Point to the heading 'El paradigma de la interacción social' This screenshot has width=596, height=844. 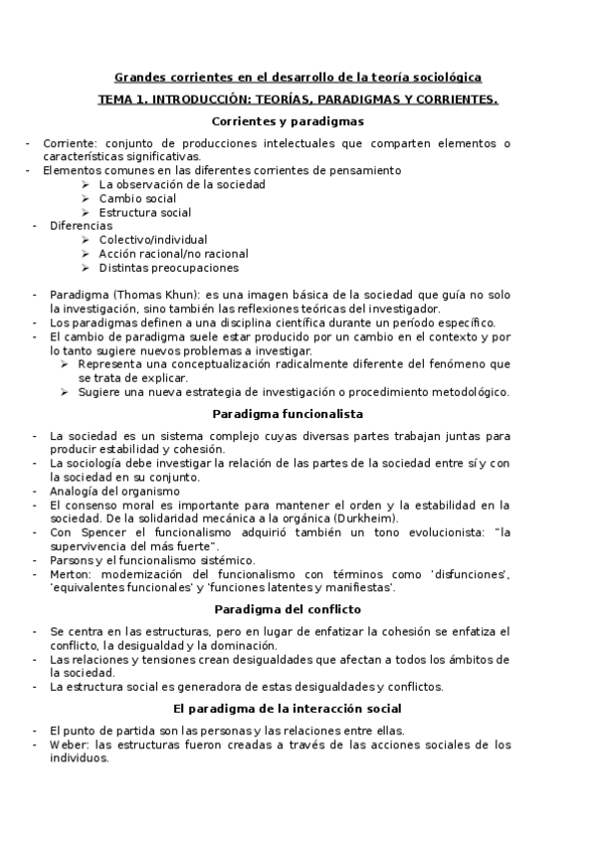[288, 709]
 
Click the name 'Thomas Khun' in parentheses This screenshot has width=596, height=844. [150, 295]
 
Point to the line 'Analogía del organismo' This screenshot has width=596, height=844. [114, 491]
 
